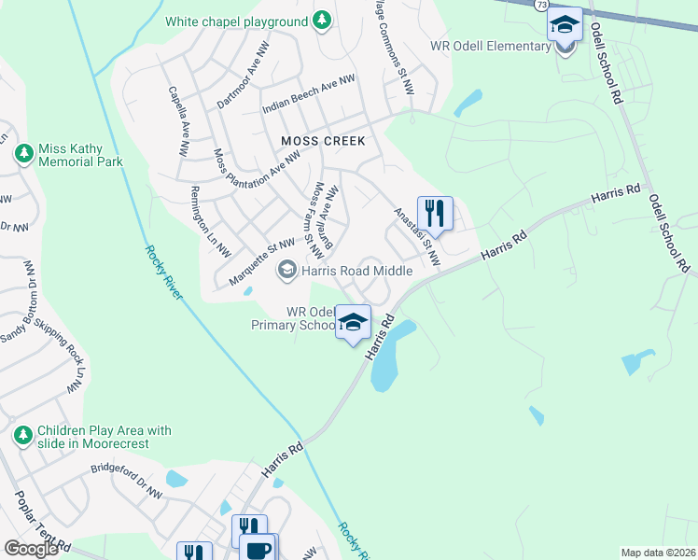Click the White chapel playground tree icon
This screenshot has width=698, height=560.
(x=322, y=21)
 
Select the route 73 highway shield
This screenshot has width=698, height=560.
(x=542, y=6)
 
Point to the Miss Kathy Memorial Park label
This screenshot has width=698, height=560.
(x=80, y=155)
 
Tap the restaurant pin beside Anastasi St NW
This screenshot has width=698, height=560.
(x=435, y=213)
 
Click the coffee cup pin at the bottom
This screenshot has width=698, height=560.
(x=257, y=549)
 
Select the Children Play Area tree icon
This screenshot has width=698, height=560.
(x=22, y=435)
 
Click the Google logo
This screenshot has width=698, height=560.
(x=30, y=549)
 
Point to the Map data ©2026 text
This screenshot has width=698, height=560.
(x=658, y=553)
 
